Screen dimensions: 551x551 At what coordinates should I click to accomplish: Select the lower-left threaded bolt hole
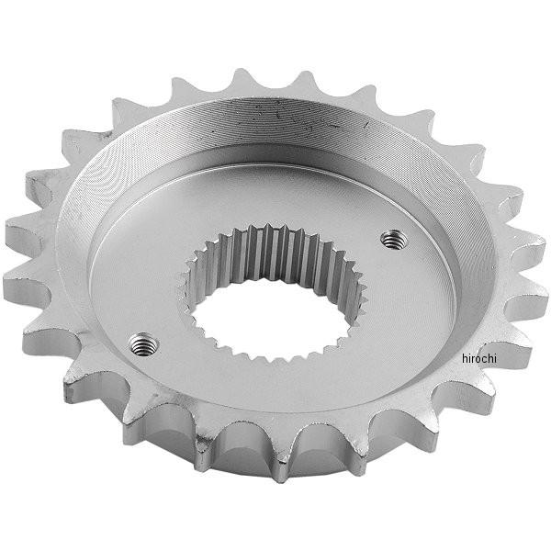coord(141,344)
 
